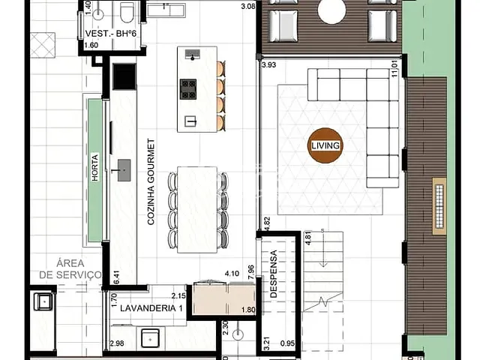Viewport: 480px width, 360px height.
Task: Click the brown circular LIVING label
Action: pos(325,145)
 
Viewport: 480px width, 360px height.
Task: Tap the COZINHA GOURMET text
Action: pos(151,181)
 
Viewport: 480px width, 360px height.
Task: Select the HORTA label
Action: pos(95,172)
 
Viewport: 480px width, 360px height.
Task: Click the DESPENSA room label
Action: pos(274,274)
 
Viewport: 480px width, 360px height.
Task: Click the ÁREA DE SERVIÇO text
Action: pos(70,269)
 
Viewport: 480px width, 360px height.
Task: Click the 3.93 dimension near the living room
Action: pos(269,65)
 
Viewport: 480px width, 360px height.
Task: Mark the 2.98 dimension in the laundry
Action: pos(116,344)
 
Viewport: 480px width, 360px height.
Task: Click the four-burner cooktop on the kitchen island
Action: pos(188,88)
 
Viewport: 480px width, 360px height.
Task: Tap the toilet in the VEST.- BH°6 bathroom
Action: pos(127,13)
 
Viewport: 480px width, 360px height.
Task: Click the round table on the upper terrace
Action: pos(331,10)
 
